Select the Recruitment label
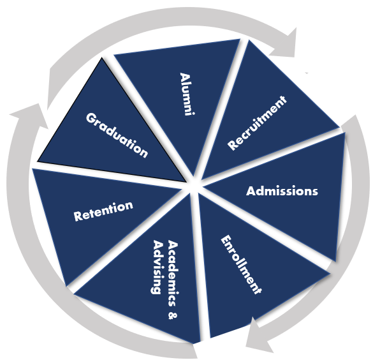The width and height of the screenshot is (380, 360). pos(257,123)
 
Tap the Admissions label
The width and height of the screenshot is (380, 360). pos(282,191)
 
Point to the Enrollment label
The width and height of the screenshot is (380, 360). pos(241,265)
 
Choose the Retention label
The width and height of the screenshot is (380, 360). pos(103,211)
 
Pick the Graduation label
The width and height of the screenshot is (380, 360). pos(117,135)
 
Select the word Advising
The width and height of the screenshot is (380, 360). pos(157,267)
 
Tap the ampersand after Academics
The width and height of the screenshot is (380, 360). pos(173,315)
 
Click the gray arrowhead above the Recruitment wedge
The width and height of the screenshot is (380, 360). pos(286,45)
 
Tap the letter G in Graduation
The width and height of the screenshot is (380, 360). pos(91,118)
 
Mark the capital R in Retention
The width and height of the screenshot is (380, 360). pos(78,216)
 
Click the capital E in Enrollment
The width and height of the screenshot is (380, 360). pos(225,241)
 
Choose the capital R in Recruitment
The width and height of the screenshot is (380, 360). pos(233,144)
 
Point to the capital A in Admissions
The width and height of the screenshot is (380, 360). pos(251,191)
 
